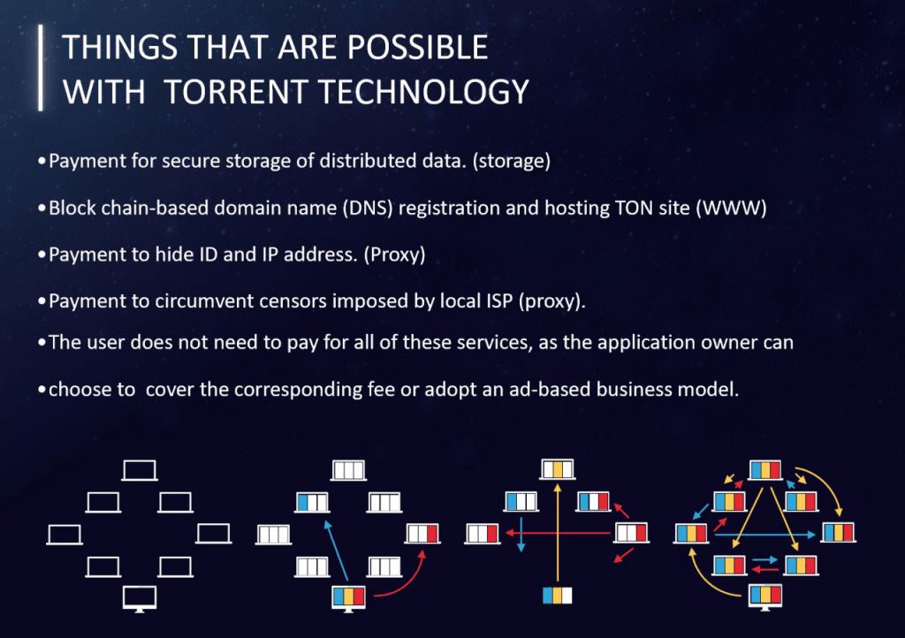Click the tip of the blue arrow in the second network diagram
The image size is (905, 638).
[327, 521]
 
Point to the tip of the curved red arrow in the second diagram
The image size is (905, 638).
[423, 551]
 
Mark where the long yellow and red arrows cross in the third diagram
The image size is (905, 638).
[557, 533]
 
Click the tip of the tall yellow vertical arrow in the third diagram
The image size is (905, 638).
[557, 484]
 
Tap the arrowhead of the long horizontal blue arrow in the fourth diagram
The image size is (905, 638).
[815, 535]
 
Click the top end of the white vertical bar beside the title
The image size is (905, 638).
[41, 26]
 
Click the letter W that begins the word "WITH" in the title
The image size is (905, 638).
[76, 92]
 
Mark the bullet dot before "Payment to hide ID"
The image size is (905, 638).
[42, 254]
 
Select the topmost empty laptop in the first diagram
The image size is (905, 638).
[140, 471]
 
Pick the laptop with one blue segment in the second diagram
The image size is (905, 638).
[312, 503]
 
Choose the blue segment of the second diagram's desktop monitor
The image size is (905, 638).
[339, 596]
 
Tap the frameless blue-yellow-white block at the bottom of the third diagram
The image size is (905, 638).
[558, 596]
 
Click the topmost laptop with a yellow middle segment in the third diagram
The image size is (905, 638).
[558, 469]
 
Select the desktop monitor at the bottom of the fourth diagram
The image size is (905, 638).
[764, 596]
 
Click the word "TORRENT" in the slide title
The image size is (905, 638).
[237, 92]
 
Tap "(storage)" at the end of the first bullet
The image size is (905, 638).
[512, 161]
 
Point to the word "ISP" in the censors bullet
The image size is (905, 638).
[499, 301]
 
